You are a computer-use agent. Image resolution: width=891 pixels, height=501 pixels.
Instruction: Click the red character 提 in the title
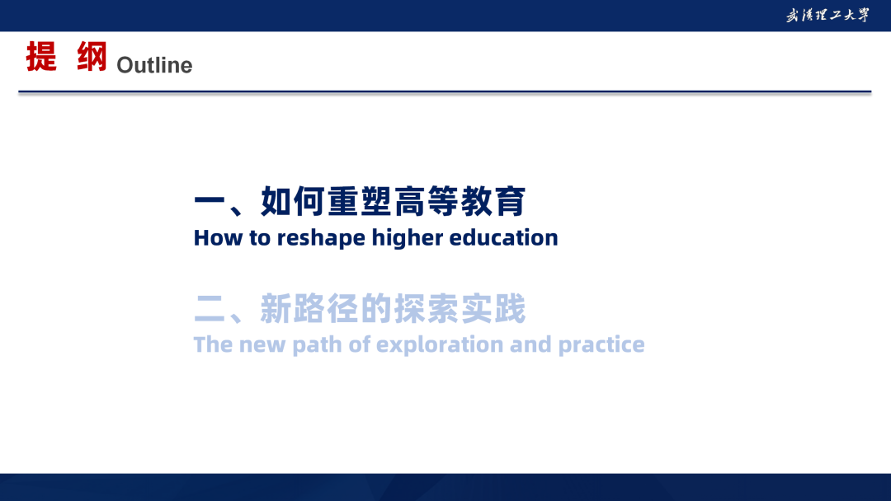(41, 56)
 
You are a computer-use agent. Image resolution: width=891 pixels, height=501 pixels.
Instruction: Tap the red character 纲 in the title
(92, 56)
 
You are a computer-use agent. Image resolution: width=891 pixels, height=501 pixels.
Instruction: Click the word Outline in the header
(154, 65)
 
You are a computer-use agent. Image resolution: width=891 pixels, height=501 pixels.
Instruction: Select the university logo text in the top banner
(827, 16)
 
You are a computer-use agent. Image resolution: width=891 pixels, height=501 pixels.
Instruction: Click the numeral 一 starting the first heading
(210, 202)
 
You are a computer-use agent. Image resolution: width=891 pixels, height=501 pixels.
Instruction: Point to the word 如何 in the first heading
(293, 201)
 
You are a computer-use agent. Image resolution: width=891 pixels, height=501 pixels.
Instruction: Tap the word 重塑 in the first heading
(360, 201)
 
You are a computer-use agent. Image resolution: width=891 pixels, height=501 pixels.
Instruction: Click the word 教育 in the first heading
(493, 201)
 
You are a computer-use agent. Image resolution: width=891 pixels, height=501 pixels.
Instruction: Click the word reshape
(321, 238)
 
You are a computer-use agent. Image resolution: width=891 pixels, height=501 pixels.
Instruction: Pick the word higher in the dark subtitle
(408, 238)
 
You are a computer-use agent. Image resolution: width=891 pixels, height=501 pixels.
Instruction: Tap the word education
(503, 237)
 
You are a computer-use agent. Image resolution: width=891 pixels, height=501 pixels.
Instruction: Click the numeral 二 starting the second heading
(210, 309)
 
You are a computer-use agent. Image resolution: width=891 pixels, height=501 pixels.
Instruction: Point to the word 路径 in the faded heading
(327, 309)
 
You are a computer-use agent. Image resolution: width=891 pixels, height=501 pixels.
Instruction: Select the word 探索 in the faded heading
(427, 309)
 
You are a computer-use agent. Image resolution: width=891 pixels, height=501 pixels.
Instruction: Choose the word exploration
(440, 345)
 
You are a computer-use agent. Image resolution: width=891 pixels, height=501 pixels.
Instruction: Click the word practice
(601, 345)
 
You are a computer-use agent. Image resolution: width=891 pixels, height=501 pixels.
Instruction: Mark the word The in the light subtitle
(213, 344)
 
